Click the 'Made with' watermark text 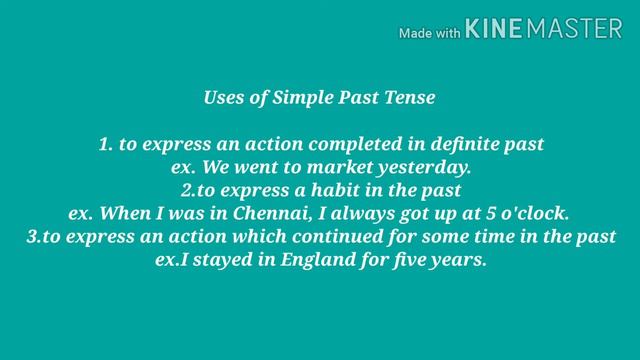click(429, 33)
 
